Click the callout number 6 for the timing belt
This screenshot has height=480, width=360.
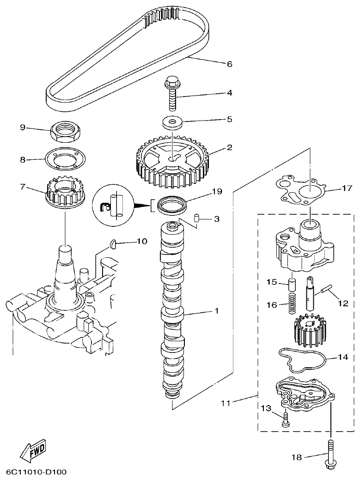tap(229, 64)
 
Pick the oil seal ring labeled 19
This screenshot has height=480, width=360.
tap(172, 204)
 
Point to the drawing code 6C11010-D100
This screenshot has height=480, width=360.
tap(37, 472)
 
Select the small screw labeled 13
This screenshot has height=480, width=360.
tap(285, 419)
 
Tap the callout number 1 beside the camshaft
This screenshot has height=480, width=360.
tap(215, 311)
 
